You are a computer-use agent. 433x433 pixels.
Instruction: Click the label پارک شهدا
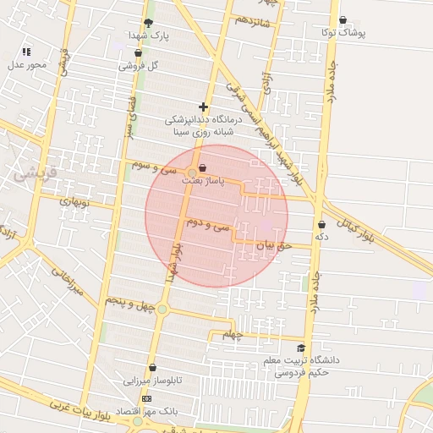tap(149, 36)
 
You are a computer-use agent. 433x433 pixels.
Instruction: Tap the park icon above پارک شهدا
tap(149, 23)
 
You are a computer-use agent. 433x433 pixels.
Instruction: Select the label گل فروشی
tap(138, 65)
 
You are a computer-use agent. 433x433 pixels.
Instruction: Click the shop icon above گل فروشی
tap(138, 52)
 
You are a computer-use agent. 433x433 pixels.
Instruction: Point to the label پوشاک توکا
tap(343, 32)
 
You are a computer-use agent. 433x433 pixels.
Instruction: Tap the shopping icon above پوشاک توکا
tap(343, 19)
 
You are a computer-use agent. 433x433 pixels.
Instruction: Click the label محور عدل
tap(26, 64)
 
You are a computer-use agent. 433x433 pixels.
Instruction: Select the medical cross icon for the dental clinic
tap(203, 107)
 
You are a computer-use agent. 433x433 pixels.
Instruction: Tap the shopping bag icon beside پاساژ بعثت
tap(201, 168)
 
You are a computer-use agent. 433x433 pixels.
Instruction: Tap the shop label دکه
tap(321, 238)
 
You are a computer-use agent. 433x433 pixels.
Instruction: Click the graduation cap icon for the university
tap(301, 348)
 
